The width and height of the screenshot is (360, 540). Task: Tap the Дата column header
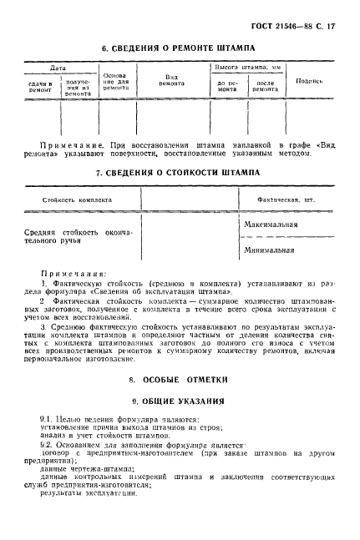point(58,67)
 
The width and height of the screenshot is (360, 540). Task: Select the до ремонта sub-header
point(228,88)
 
